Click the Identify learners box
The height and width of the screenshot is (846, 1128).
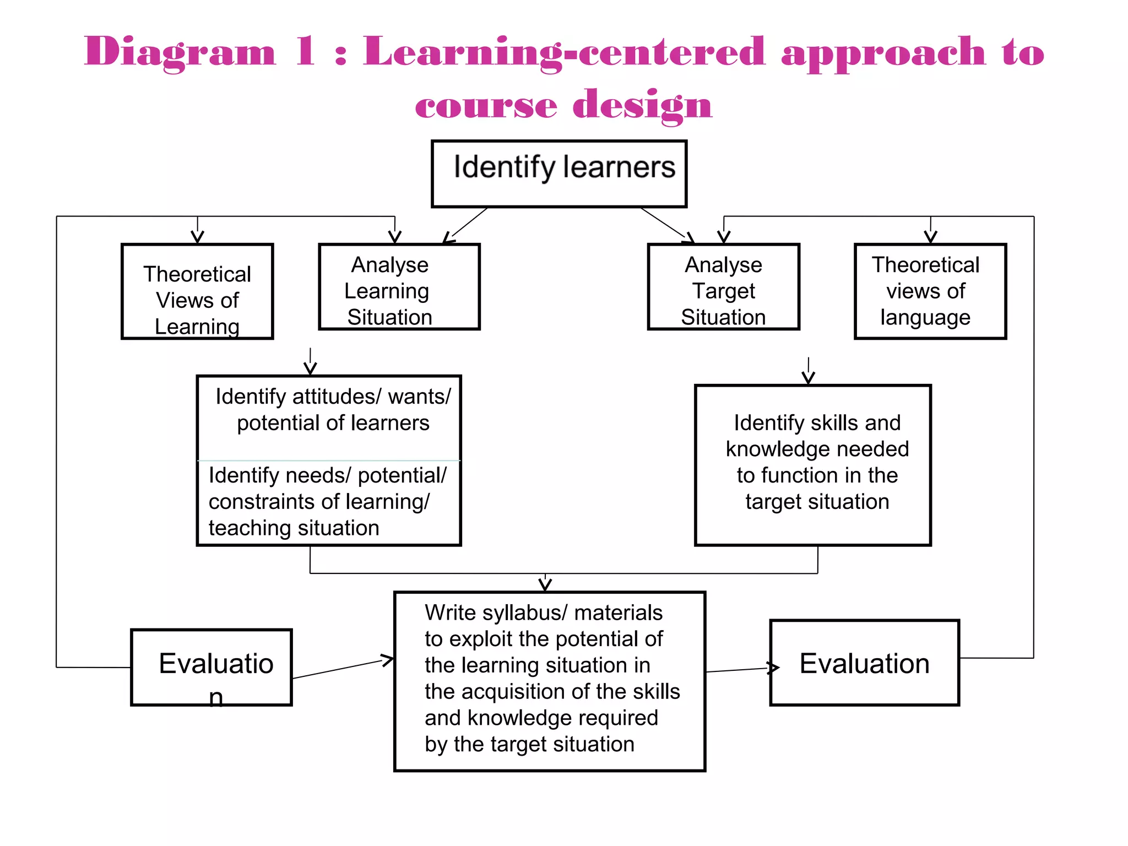[x=558, y=173]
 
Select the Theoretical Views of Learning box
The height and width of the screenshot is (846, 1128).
[x=197, y=291]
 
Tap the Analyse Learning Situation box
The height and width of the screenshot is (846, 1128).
[x=399, y=287]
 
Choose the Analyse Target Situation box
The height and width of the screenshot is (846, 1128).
[x=723, y=287]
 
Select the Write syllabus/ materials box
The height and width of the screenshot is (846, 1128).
[x=549, y=681]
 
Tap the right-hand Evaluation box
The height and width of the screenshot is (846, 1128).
[x=864, y=663]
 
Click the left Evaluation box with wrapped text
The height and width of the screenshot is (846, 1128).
[x=211, y=667]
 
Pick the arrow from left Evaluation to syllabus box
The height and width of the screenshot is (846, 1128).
[x=343, y=668]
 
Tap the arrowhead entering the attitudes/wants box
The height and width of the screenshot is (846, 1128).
[x=310, y=368]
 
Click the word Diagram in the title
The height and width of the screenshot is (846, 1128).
[x=180, y=52]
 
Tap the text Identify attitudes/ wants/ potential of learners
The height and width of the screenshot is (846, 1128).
[x=333, y=409]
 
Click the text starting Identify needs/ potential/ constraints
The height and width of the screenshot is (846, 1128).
[x=327, y=501]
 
